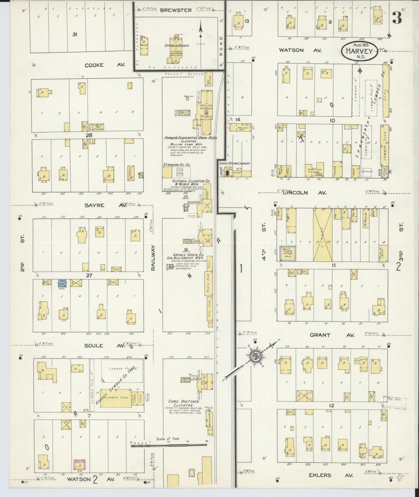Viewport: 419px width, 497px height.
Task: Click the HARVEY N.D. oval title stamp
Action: coord(359,51)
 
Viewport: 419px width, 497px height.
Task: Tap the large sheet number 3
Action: coord(397,18)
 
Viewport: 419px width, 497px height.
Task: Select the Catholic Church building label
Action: coord(177,45)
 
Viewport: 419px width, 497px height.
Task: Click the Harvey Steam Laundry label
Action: coord(234,164)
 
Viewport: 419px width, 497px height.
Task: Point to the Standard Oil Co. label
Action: coord(176,165)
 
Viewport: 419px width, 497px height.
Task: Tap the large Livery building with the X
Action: coord(322,235)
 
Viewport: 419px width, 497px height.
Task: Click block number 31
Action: coord(75,34)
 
